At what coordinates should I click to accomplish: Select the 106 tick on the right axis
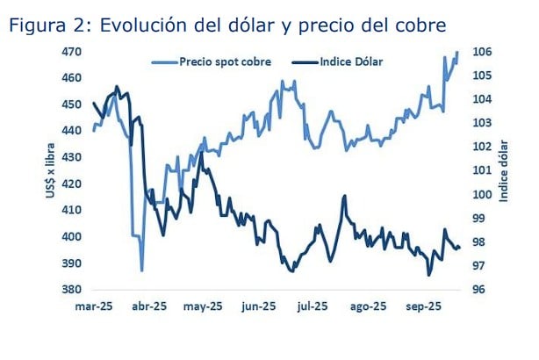point(484,53)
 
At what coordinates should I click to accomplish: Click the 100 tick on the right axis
point(484,195)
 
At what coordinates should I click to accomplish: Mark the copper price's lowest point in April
point(141,270)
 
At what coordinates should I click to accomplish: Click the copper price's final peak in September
point(457,52)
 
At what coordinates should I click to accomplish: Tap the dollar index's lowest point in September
point(429,275)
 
